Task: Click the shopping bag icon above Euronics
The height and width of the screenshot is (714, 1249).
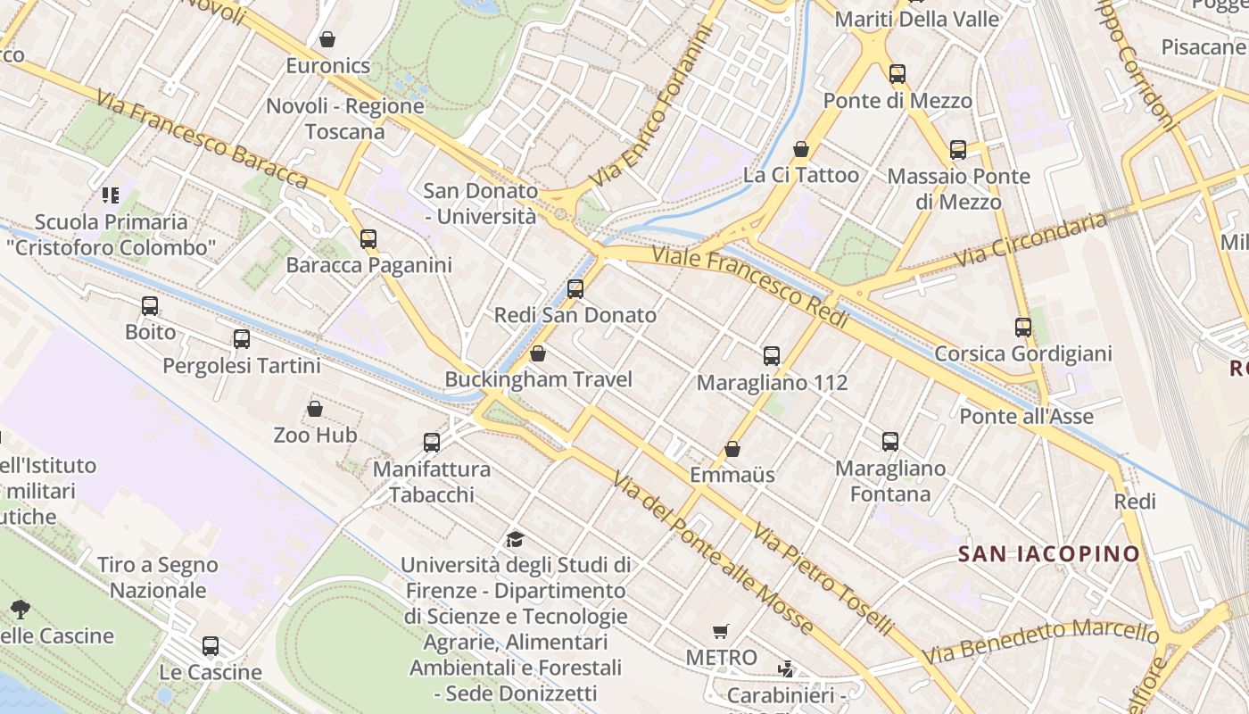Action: coord(327,39)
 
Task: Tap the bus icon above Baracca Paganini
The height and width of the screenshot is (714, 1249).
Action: coord(368,239)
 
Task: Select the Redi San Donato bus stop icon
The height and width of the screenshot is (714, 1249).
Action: coord(575,289)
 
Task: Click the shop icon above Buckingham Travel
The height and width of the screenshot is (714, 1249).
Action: coord(538,354)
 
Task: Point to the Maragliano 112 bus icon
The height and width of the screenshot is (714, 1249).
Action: coord(772,356)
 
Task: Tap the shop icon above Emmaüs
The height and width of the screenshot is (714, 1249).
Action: coord(732,449)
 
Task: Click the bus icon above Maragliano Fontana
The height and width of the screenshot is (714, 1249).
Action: coord(890,441)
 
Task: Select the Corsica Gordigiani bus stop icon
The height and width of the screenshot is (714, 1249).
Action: coord(1023,328)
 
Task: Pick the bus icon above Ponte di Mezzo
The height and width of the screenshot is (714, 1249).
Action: coord(897,74)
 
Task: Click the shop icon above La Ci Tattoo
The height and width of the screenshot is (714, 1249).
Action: coord(801,149)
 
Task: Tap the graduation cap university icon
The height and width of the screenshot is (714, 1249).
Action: coord(515,539)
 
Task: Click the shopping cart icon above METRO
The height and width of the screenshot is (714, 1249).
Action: coord(721,632)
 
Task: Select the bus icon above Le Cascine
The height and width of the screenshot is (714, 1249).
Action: coord(211,646)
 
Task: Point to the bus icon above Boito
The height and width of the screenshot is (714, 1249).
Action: coord(150,306)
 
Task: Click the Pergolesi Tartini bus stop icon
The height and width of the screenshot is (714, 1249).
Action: coord(242,339)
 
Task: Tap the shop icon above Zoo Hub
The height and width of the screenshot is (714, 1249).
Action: coord(315,410)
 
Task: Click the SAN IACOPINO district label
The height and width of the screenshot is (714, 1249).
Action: coord(1049,554)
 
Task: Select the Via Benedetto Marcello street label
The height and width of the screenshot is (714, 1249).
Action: coord(1040,642)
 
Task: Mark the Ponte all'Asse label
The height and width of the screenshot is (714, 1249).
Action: coord(1026,416)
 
